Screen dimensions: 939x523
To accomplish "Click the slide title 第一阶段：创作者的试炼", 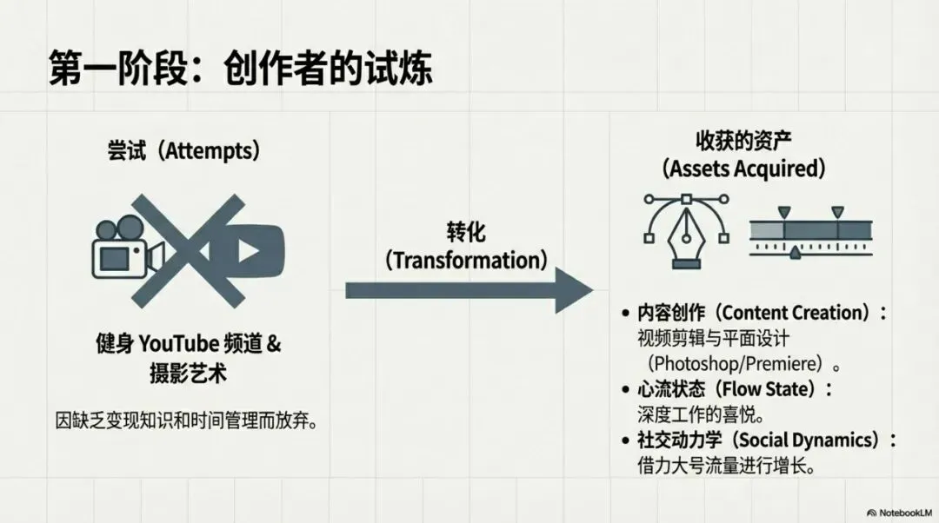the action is [241, 68].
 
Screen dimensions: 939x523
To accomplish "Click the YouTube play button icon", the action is [248, 253].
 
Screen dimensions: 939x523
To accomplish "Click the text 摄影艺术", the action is [188, 374].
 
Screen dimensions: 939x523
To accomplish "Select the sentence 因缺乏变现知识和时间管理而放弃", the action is [184, 421].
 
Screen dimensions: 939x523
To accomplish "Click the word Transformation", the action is [467, 260].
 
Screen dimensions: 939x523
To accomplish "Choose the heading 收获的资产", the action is [743, 141].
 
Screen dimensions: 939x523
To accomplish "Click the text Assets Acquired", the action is [743, 167].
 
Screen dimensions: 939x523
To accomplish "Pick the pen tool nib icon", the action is [686, 230].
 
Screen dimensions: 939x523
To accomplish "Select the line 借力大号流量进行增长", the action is [726, 466].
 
